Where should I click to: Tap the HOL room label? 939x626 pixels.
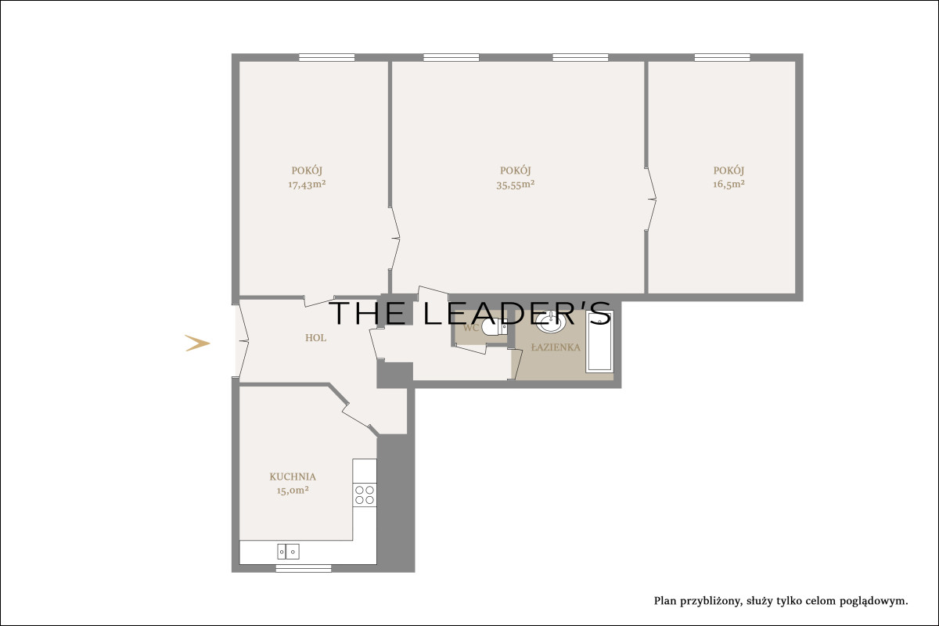pyautogui.click(x=315, y=338)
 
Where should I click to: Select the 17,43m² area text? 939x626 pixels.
pyautogui.click(x=307, y=185)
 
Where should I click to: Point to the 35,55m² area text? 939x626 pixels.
pyautogui.click(x=515, y=185)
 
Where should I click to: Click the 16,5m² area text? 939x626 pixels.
pyautogui.click(x=729, y=184)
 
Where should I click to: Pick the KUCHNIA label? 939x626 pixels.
pyautogui.click(x=293, y=477)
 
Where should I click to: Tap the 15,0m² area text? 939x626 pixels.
pyautogui.click(x=293, y=490)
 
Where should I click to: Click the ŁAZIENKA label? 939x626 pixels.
pyautogui.click(x=556, y=347)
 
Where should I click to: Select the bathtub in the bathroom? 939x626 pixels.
pyautogui.click(x=600, y=341)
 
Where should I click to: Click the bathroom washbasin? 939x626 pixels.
pyautogui.click(x=550, y=322)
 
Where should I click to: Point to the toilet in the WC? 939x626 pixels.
pyautogui.click(x=494, y=327)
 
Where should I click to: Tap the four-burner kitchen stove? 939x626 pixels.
pyautogui.click(x=365, y=495)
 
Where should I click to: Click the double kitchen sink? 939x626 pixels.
pyautogui.click(x=288, y=552)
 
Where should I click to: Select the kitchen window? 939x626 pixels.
pyautogui.click(x=304, y=569)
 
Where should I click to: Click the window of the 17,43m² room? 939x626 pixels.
pyautogui.click(x=326, y=57)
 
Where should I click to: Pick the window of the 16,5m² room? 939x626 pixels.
pyautogui.click(x=722, y=57)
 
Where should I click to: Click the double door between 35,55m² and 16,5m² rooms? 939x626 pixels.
pyautogui.click(x=650, y=199)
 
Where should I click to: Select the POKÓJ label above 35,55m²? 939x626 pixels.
pyautogui.click(x=515, y=171)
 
